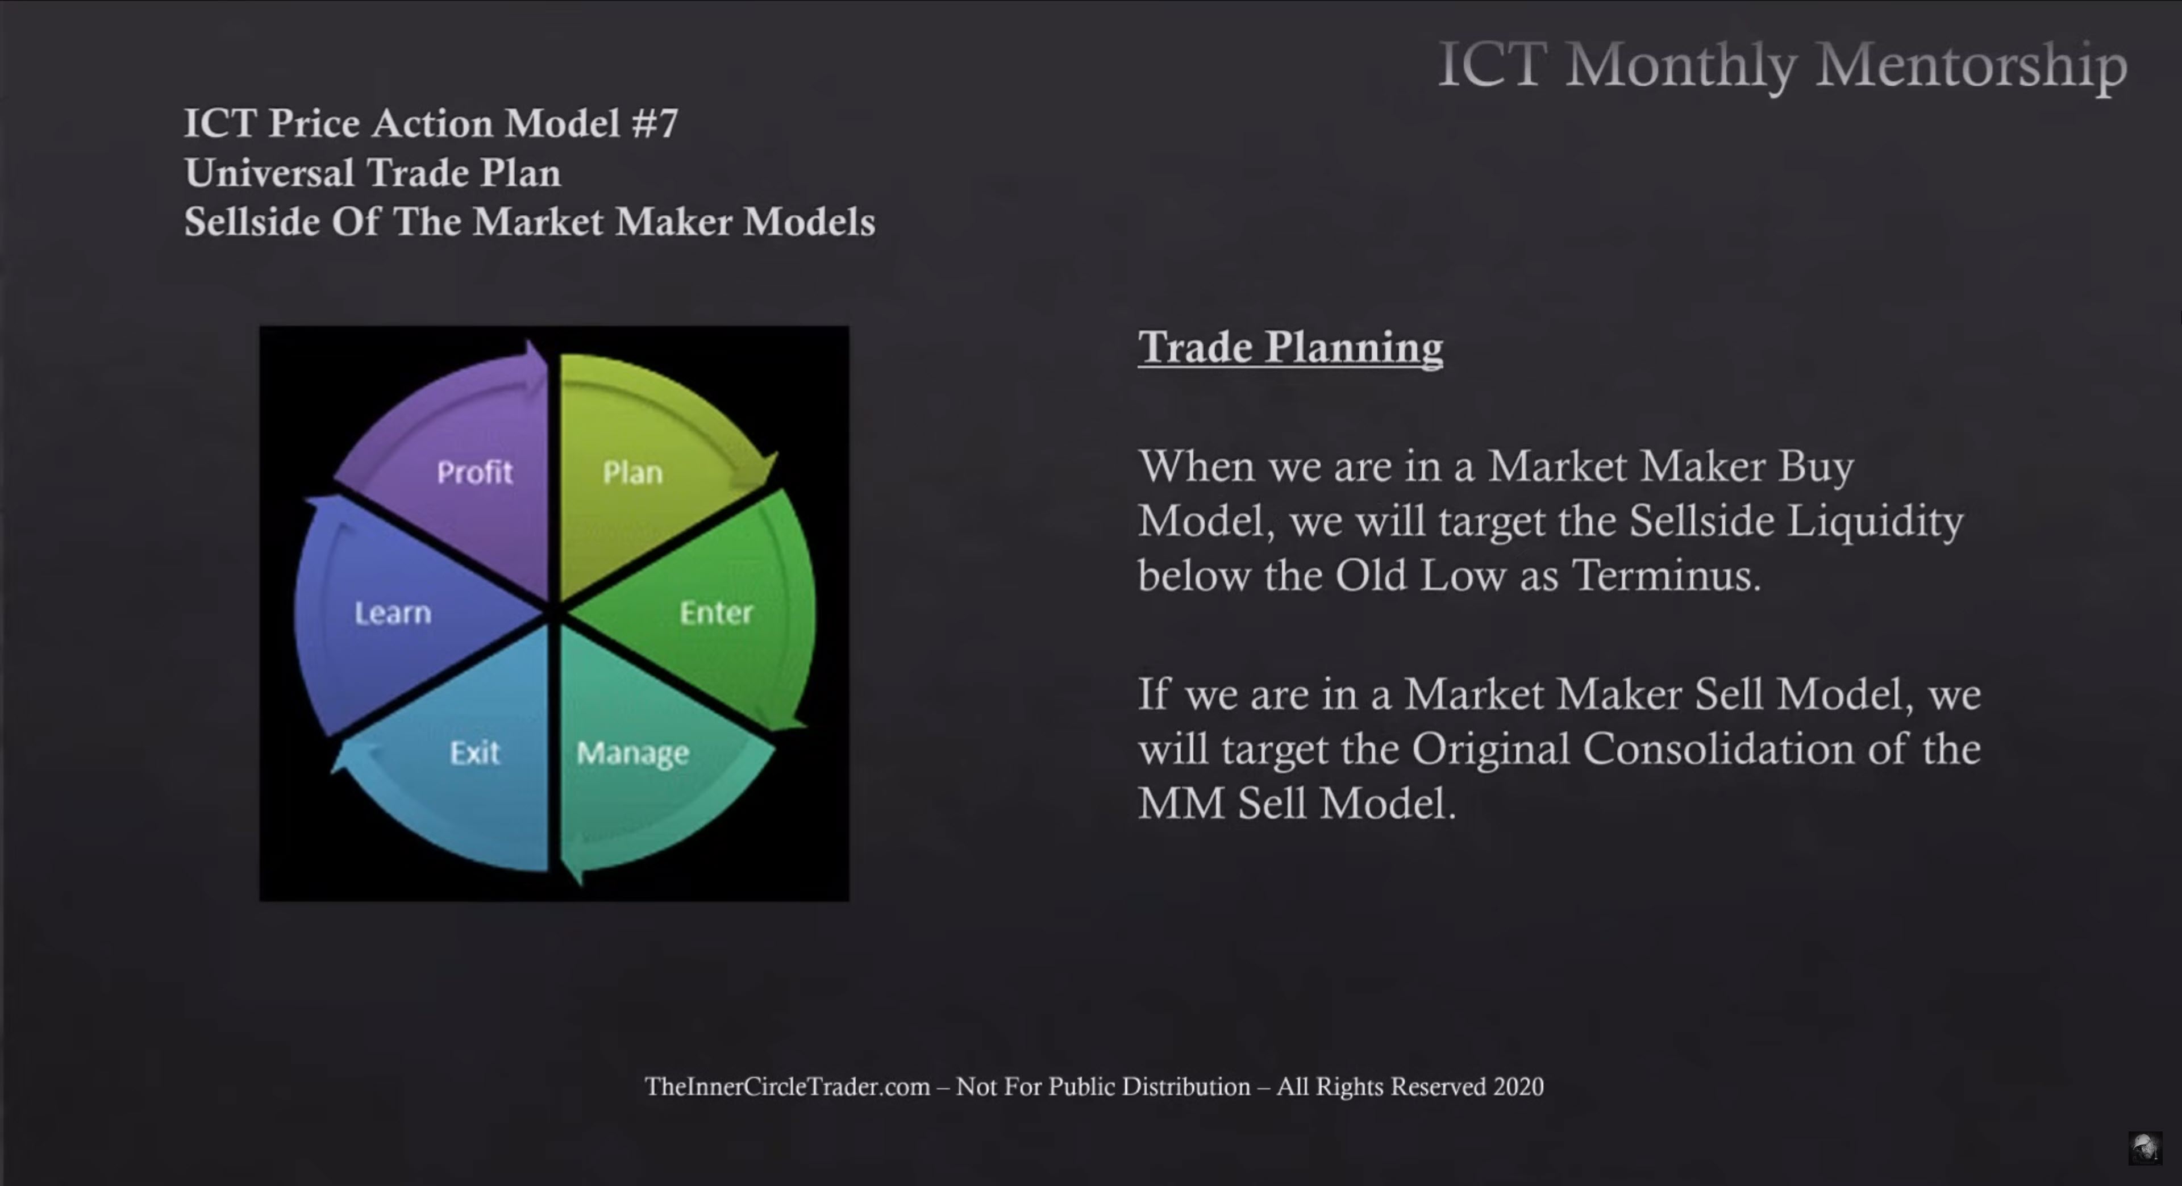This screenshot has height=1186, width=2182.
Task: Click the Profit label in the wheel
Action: pyautogui.click(x=474, y=472)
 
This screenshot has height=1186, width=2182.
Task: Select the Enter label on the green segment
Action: pyautogui.click(x=716, y=613)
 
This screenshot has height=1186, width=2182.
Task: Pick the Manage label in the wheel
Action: pyautogui.click(x=633, y=753)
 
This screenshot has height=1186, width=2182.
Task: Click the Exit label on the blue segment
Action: pyautogui.click(x=474, y=752)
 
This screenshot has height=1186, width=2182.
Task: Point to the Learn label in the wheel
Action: pyautogui.click(x=392, y=613)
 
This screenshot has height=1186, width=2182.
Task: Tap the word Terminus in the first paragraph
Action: pyautogui.click(x=1666, y=575)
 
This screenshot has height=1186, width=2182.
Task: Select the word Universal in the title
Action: pyautogui.click(x=269, y=173)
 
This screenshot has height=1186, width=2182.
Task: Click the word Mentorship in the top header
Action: pyautogui.click(x=1971, y=66)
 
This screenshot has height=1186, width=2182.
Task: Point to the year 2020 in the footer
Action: pyautogui.click(x=1518, y=1087)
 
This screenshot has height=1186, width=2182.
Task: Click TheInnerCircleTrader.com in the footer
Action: pyautogui.click(x=787, y=1087)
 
